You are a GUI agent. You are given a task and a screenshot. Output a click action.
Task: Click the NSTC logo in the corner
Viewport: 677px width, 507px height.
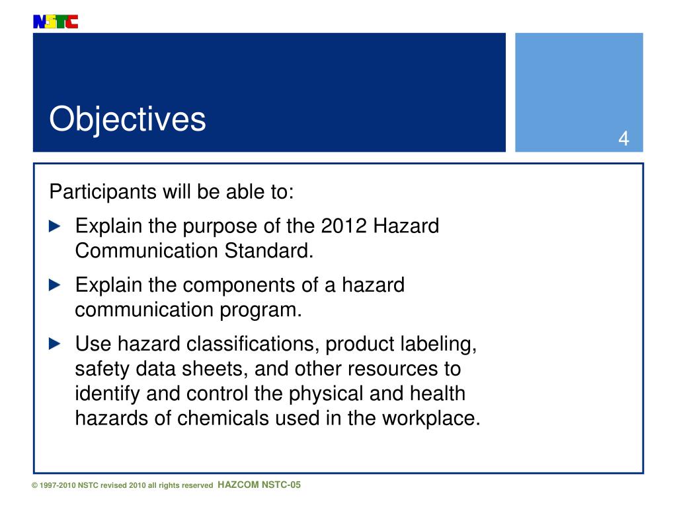[55, 22]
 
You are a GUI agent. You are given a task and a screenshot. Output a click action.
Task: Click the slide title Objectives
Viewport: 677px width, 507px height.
[128, 119]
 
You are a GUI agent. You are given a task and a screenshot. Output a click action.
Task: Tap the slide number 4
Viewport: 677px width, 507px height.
[623, 139]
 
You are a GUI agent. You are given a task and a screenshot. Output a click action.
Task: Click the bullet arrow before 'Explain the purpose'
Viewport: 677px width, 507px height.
[56, 226]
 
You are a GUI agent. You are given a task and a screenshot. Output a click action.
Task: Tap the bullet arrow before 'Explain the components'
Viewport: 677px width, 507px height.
[56, 285]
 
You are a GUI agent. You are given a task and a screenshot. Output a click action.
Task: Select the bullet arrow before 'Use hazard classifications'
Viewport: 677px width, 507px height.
[56, 344]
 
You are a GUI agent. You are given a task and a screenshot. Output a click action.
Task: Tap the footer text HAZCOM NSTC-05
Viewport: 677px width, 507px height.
[259, 485]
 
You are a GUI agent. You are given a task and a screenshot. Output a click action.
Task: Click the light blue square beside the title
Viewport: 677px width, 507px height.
[578, 92]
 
